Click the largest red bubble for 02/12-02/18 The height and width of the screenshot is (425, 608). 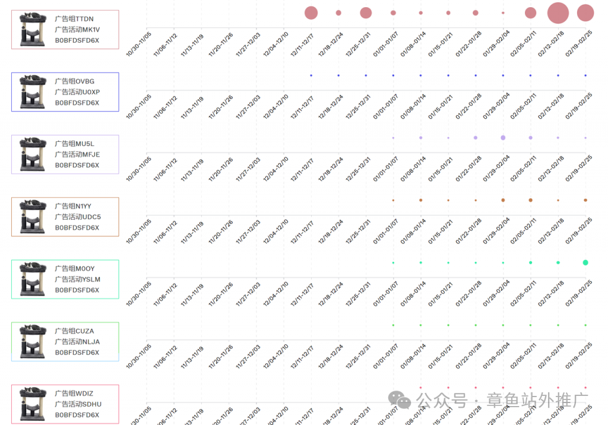558,12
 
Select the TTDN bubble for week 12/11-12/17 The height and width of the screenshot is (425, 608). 311,12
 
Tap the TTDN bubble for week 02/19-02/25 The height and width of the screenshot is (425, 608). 585,12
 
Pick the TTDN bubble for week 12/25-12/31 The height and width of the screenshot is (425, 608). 366,12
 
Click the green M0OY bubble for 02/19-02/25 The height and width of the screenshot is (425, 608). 585,262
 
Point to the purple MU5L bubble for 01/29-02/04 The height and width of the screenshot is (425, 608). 503,138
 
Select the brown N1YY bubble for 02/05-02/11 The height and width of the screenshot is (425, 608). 530,200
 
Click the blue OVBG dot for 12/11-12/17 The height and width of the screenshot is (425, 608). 311,75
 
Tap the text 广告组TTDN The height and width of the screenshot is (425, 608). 74,19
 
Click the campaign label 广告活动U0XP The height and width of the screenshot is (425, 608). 77,92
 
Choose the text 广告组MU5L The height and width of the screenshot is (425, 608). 75,144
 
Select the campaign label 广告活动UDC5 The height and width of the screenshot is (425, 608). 78,217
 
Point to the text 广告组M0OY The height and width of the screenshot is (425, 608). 75,269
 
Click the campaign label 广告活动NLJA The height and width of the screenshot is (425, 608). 77,342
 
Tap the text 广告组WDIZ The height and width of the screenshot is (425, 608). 74,394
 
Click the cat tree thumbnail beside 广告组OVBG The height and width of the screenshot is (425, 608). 33,91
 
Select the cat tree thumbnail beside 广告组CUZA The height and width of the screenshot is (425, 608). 33,341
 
